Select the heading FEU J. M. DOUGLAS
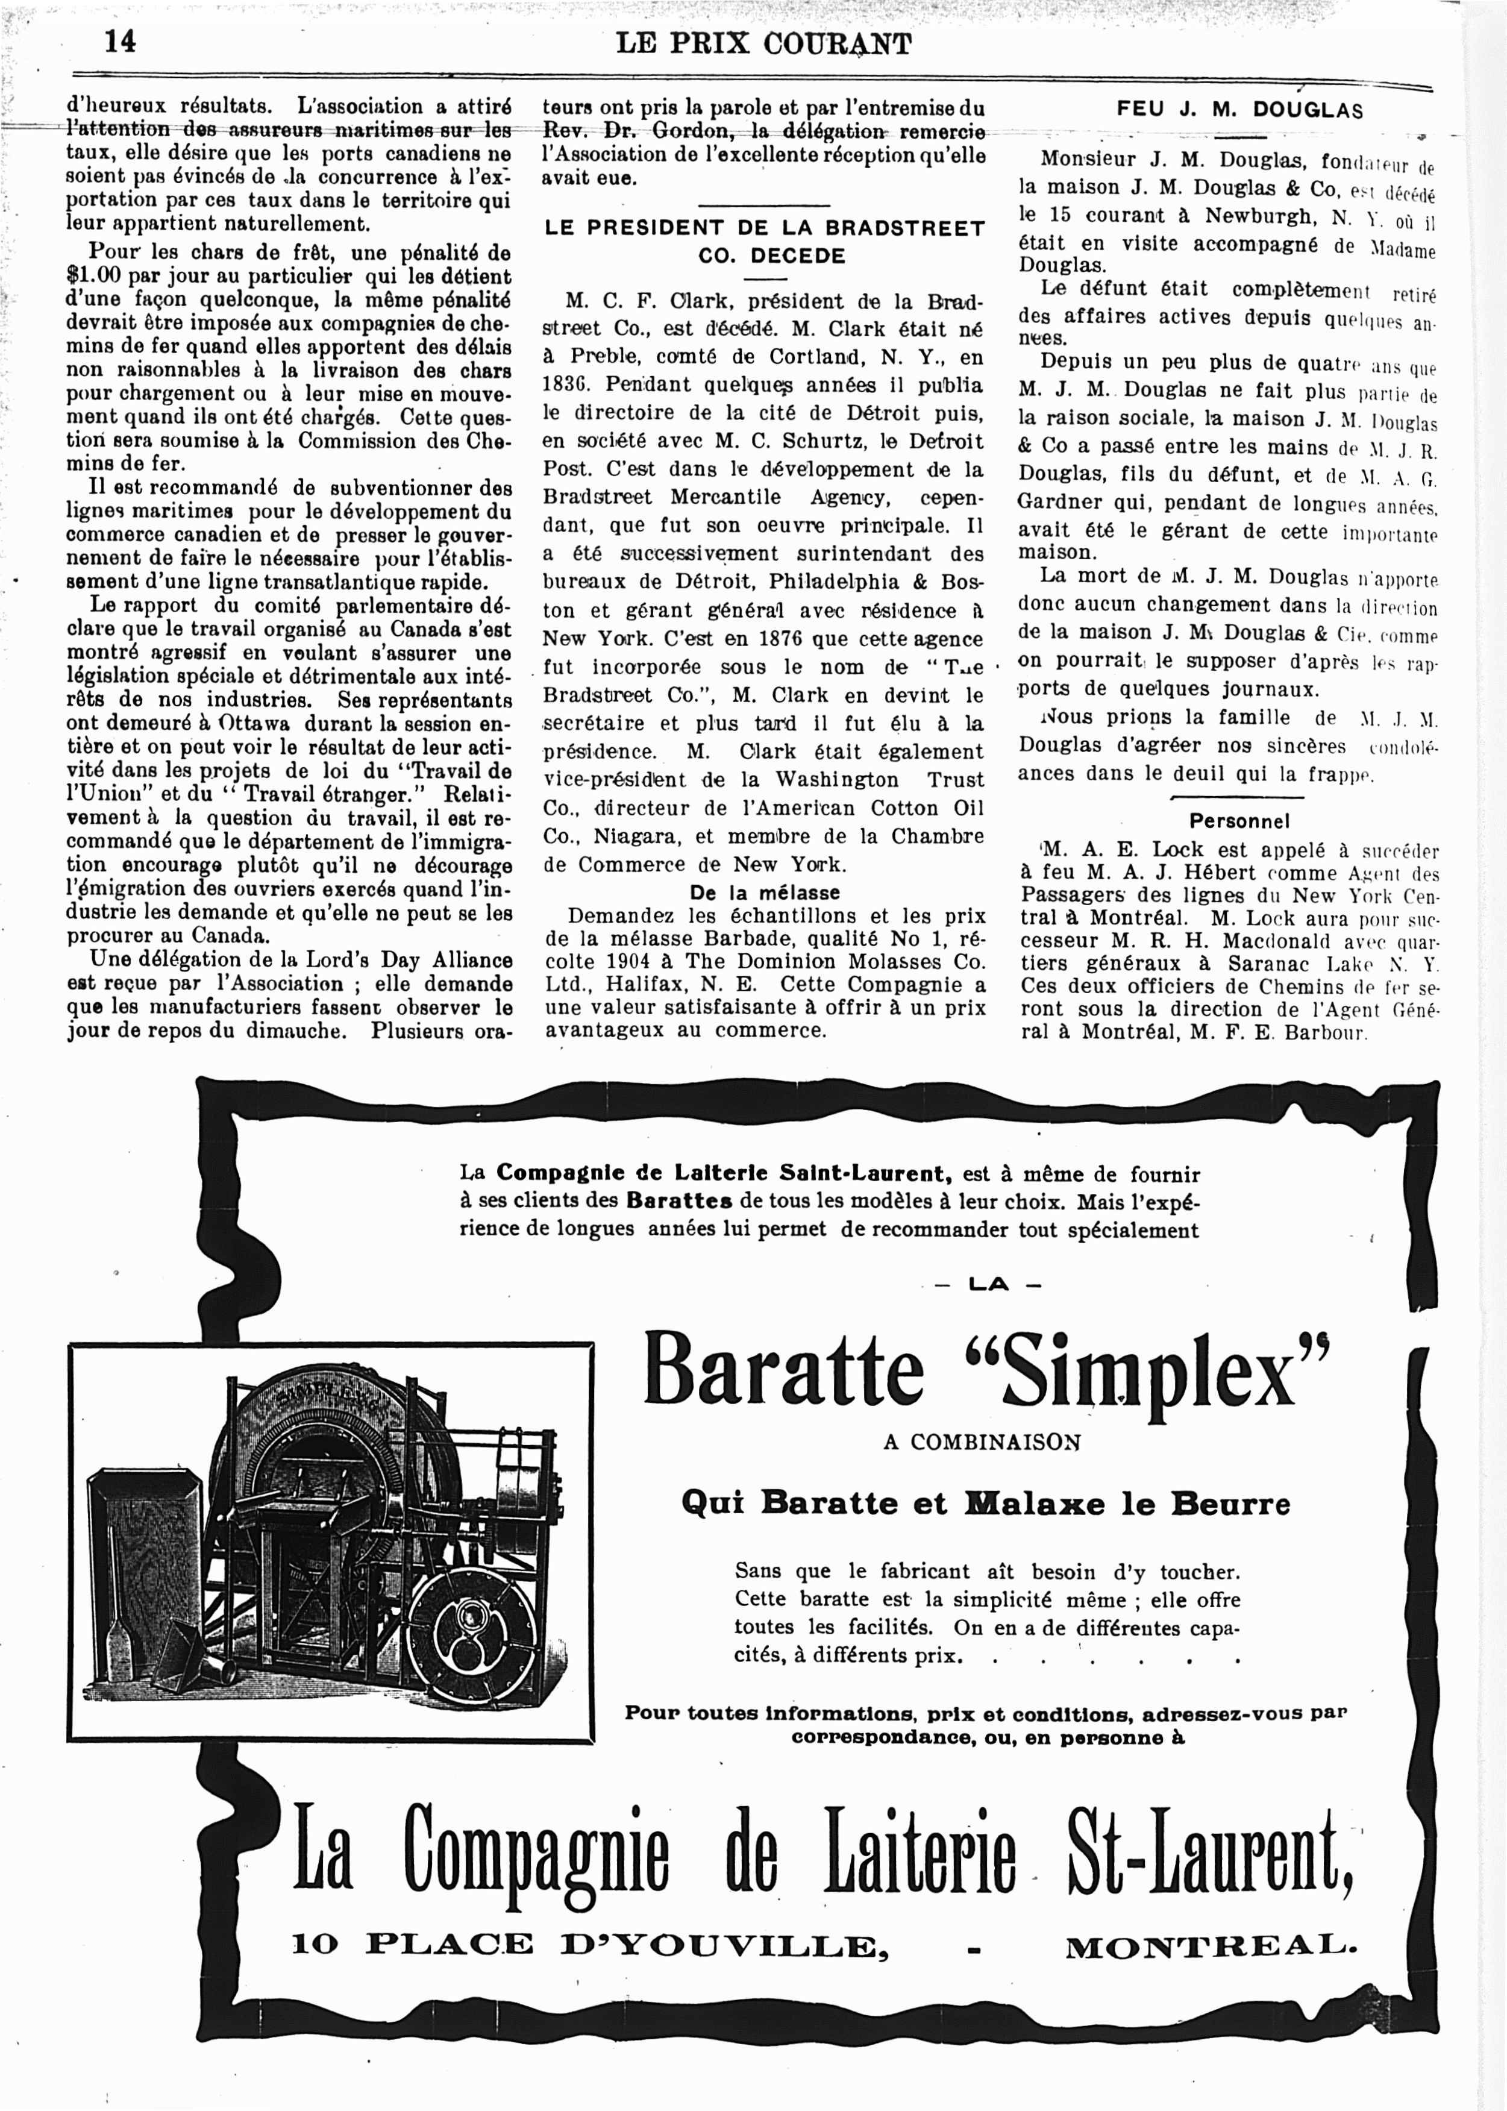pos(1239,110)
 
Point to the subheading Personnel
pos(1239,821)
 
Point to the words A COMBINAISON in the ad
pos(982,1443)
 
